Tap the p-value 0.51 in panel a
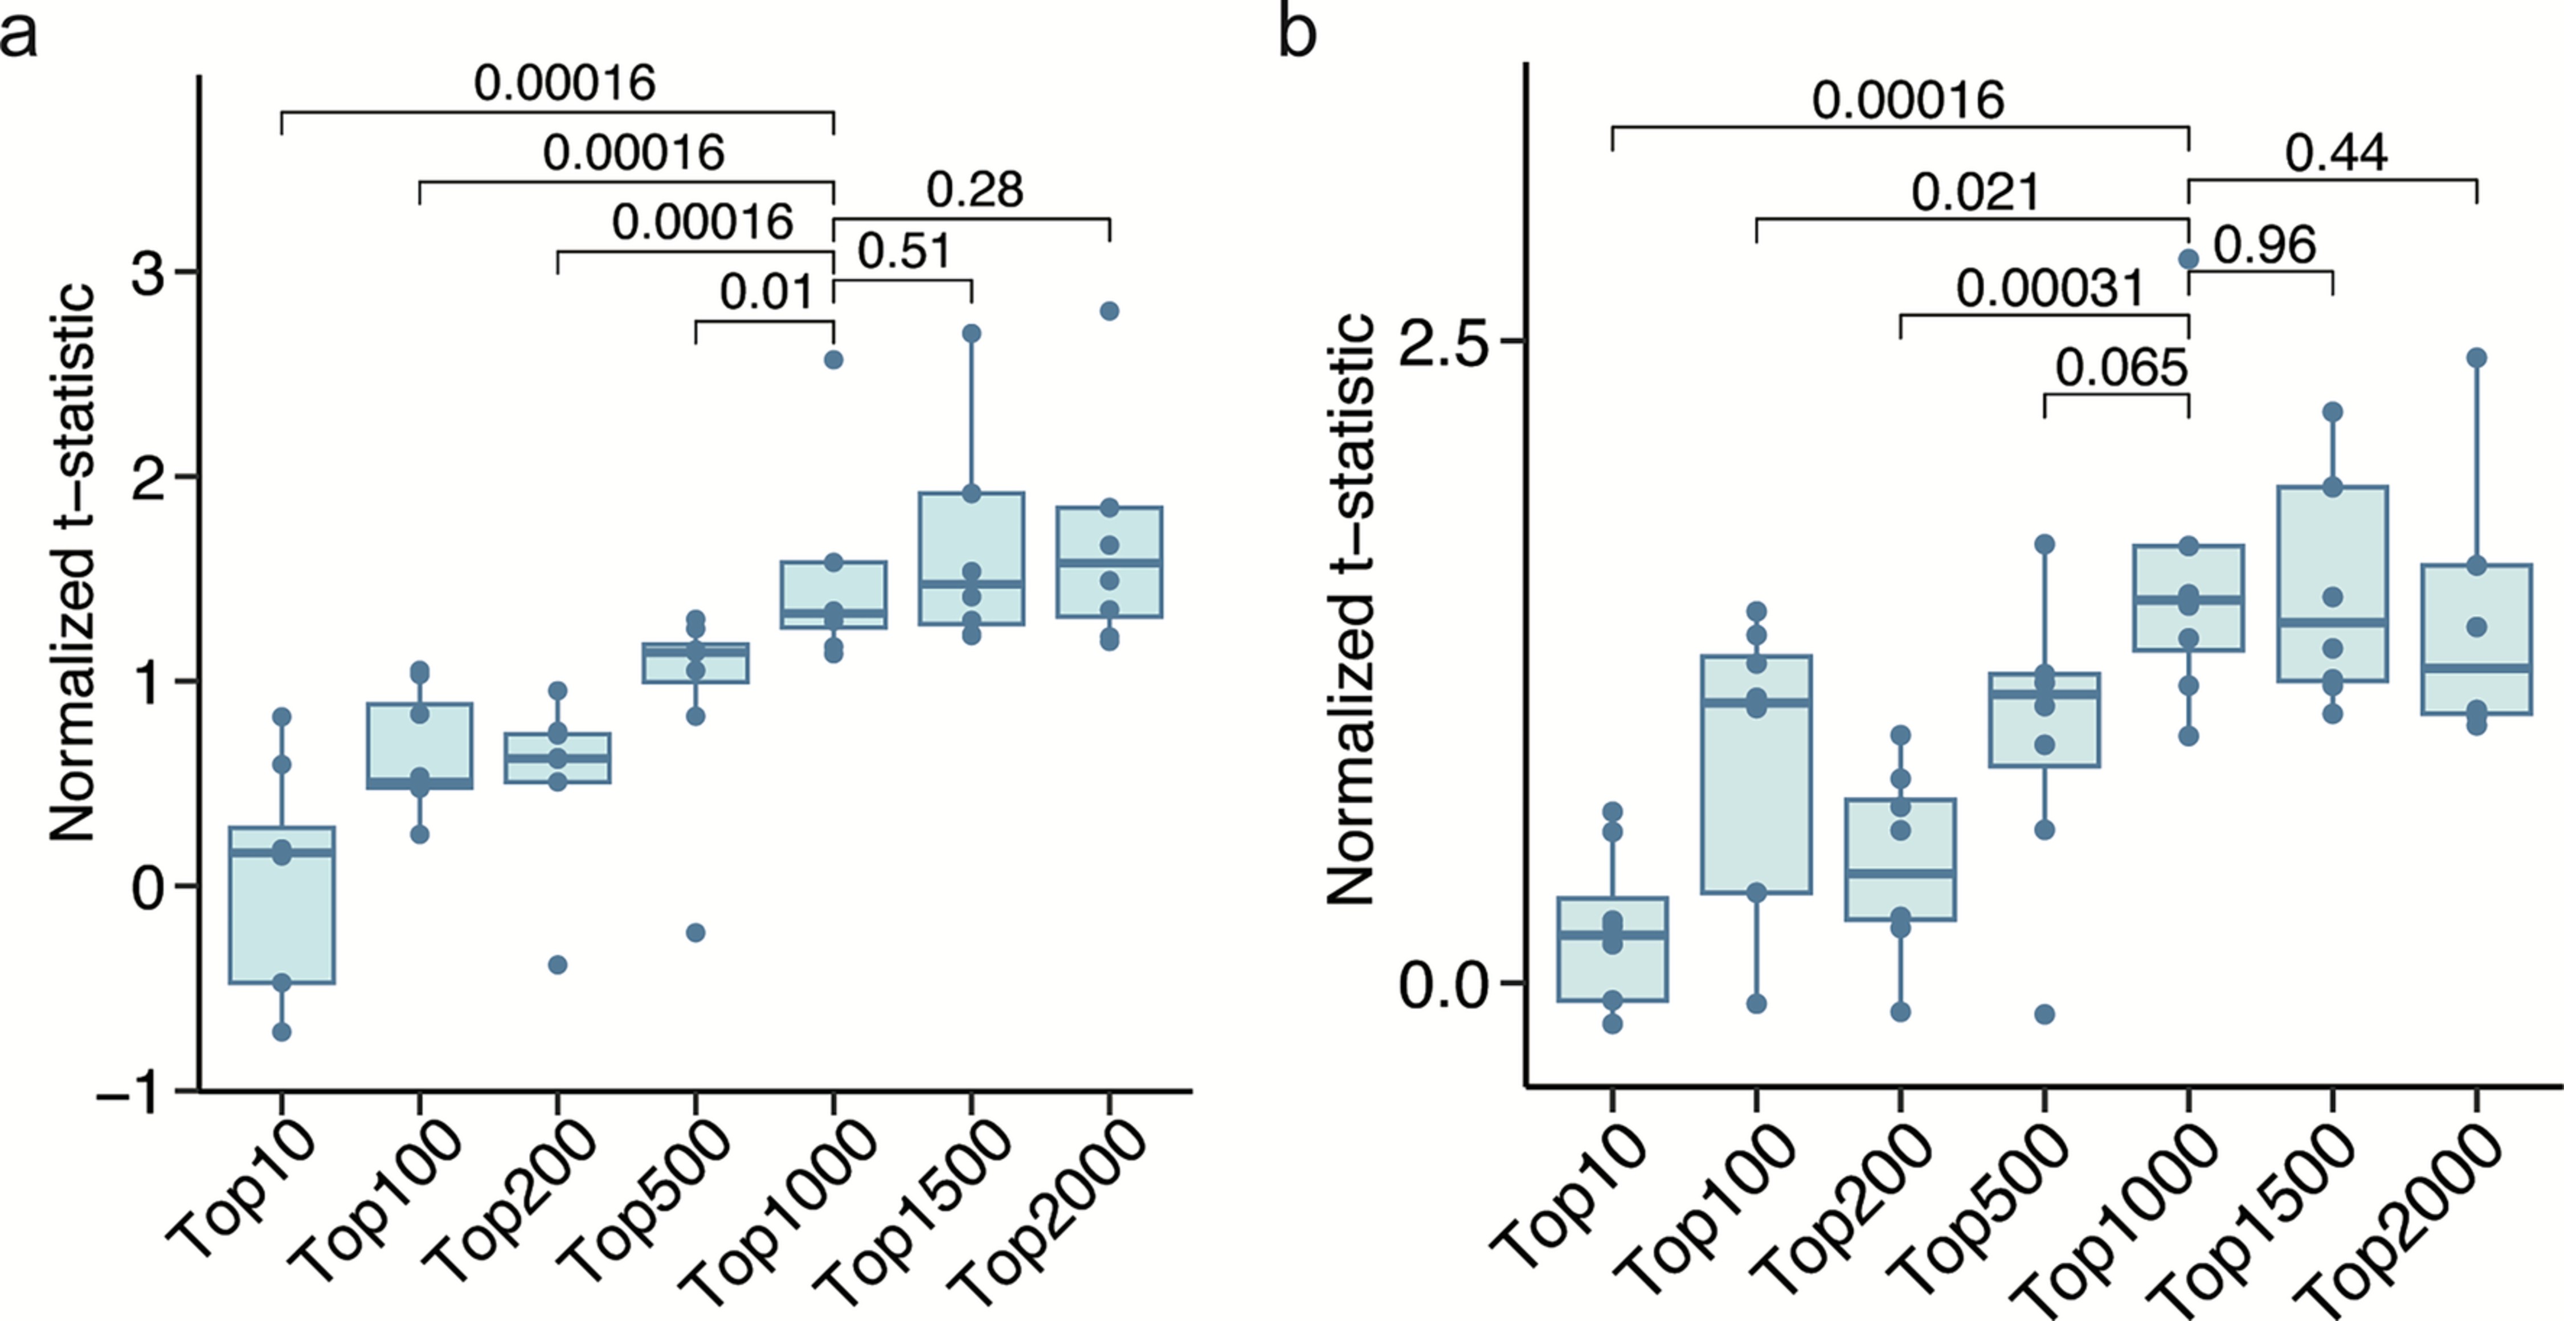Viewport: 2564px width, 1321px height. [904, 251]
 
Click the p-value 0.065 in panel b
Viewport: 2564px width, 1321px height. [2121, 369]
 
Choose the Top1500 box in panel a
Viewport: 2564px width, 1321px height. [971, 558]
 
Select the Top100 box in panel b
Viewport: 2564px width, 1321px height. [1756, 775]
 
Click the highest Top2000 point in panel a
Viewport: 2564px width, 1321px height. [1110, 312]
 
